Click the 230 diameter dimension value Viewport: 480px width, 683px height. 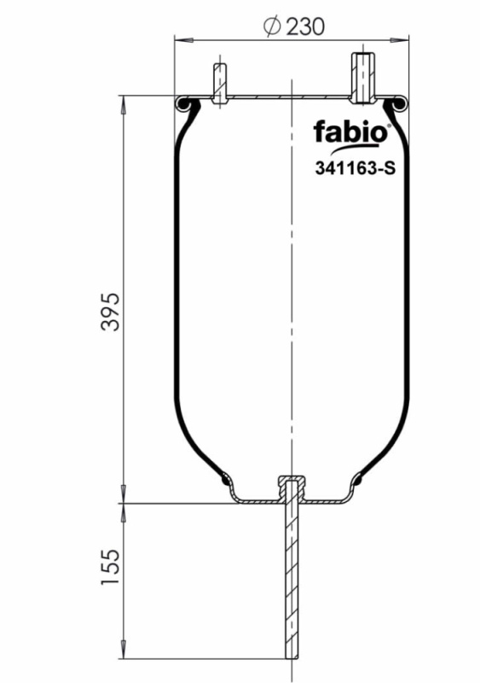304,26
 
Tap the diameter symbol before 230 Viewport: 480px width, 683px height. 272,26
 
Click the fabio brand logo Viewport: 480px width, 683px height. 350,133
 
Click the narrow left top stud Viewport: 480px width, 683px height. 219,84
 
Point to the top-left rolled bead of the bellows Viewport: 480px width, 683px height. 184,104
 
